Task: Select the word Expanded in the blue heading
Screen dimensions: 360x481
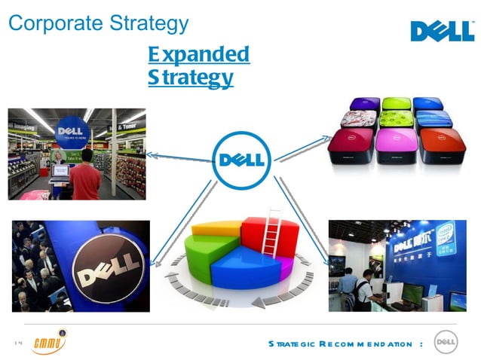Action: point(198,54)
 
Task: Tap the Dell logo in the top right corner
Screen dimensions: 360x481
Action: point(442,31)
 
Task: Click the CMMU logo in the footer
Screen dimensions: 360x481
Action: point(47,343)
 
